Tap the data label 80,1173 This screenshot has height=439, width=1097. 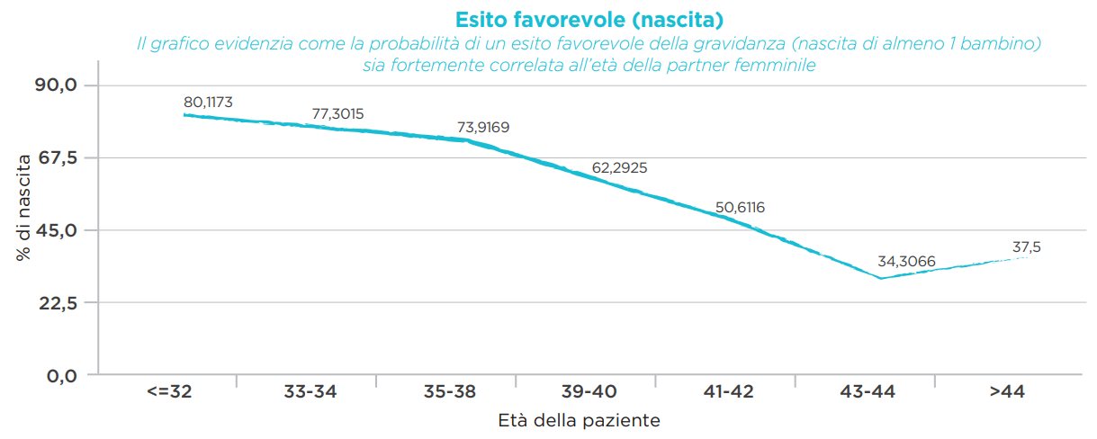208,103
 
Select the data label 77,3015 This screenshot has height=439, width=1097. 337,114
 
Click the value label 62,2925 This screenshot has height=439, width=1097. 620,168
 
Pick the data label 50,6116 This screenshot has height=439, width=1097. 740,208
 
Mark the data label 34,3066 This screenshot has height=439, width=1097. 906,263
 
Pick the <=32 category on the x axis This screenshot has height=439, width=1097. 168,392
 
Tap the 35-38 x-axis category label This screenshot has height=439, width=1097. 448,392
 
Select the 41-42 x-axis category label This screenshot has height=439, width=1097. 728,392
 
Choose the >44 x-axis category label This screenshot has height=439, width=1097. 1006,392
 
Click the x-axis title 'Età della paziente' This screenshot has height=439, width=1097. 580,420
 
